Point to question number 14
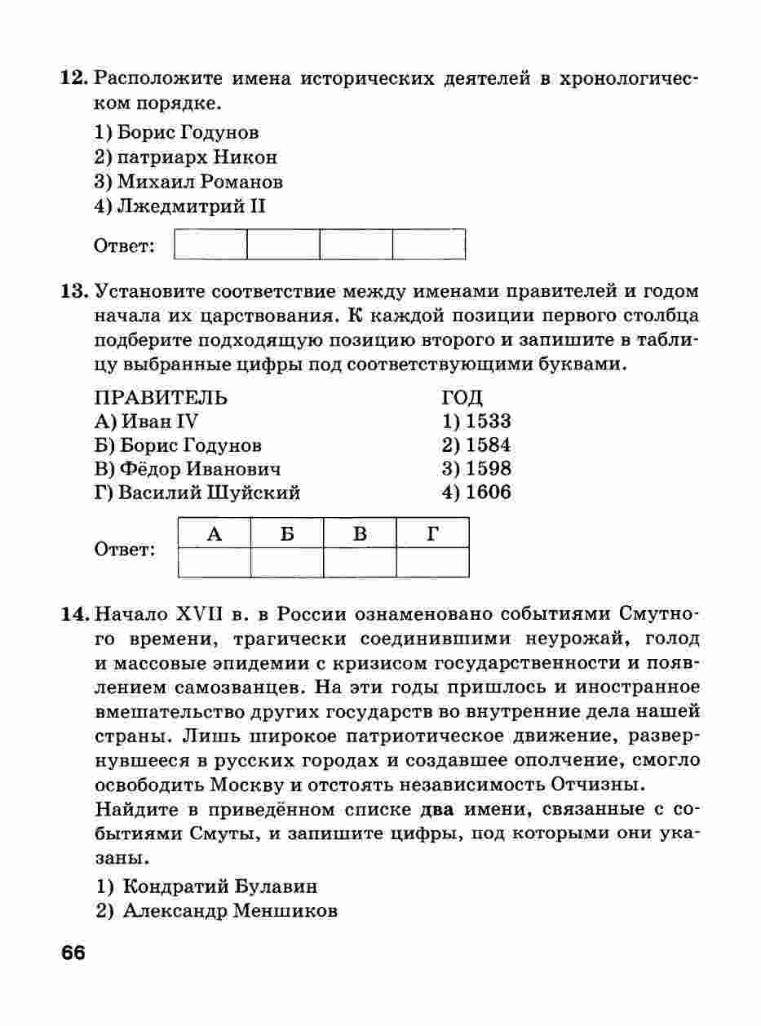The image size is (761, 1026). pos(75,613)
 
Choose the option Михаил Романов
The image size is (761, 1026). pos(188,181)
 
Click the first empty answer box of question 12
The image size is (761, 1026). pos(210,244)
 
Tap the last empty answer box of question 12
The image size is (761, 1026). pos(429,244)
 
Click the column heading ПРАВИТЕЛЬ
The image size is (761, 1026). pos(161,398)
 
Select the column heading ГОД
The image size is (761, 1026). pos(462,398)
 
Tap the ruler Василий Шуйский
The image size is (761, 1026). pos(198,493)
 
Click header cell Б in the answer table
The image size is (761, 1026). pos(286,533)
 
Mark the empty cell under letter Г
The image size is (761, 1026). pos(432,562)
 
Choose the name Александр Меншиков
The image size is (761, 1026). pos(217,911)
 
